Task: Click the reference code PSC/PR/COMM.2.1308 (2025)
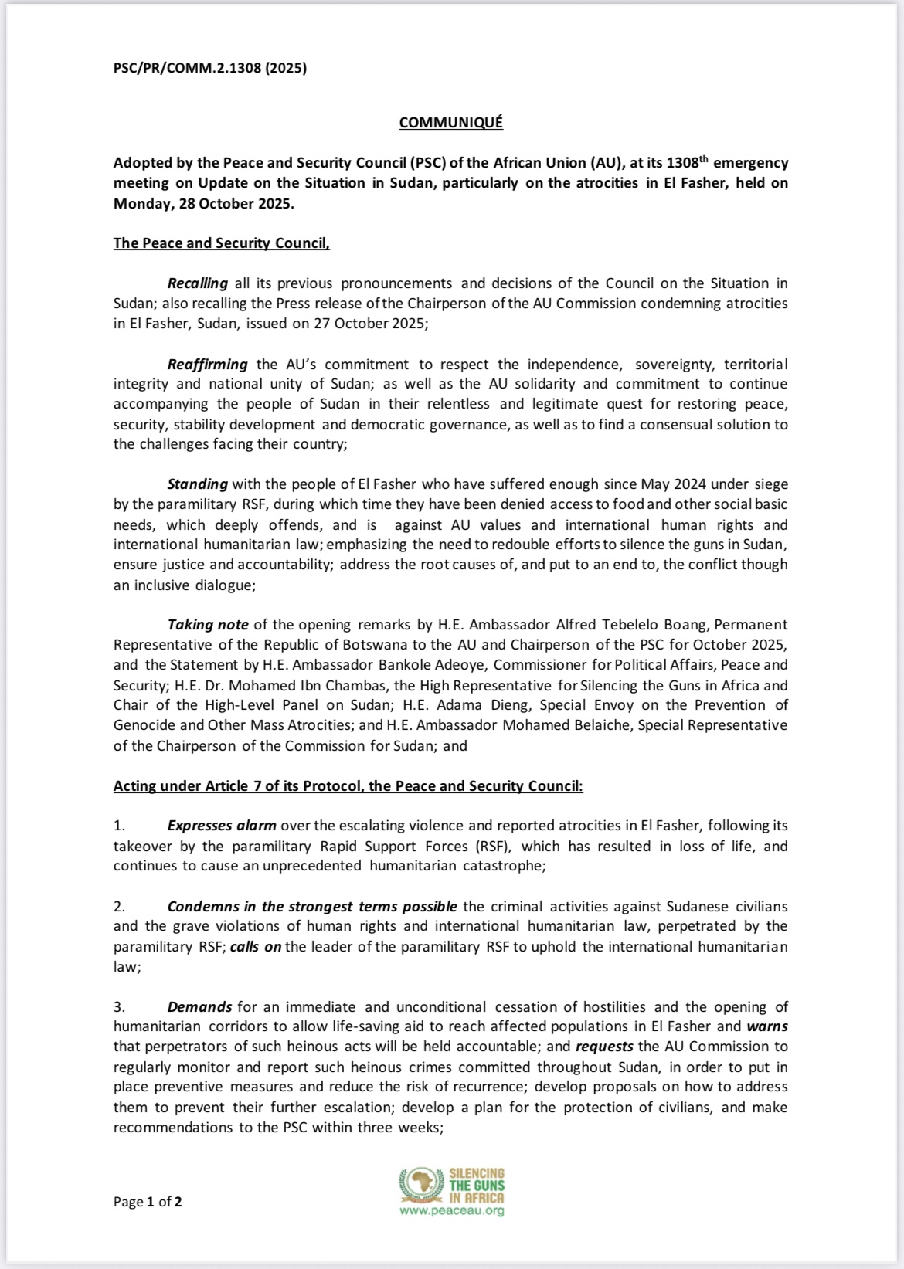click(210, 68)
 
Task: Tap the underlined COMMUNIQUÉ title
click(450, 123)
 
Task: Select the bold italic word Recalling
click(198, 283)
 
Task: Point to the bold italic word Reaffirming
click(208, 364)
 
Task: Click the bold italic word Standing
click(198, 484)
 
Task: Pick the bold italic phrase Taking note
click(208, 624)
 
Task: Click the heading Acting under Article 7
click(348, 785)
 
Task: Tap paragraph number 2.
click(120, 906)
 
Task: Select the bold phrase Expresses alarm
click(222, 826)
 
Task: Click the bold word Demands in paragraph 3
click(199, 1006)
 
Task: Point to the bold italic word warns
click(766, 1026)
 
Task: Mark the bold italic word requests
click(604, 1047)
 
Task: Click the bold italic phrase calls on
click(256, 946)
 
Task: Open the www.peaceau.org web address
click(452, 1211)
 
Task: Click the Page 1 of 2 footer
click(148, 1201)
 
